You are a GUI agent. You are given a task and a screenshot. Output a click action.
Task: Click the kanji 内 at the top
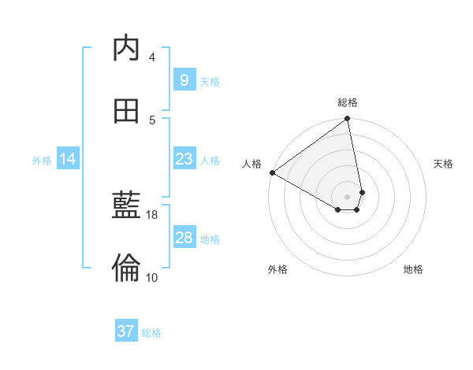[127, 49]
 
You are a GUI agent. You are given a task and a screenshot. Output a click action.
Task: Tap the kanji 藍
[127, 206]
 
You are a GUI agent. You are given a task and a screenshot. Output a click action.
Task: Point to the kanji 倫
[127, 268]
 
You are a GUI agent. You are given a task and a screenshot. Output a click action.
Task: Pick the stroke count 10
[152, 277]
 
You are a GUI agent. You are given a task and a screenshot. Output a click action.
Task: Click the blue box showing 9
[184, 80]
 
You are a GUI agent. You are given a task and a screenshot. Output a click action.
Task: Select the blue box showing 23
[184, 159]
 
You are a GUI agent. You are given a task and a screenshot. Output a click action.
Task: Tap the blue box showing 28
[184, 238]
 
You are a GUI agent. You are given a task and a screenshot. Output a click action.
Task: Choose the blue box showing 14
[68, 159]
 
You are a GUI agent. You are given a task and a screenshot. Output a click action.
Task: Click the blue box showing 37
[126, 331]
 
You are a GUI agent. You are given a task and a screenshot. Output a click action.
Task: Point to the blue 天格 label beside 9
[210, 81]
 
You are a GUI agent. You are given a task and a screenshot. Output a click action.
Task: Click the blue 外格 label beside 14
[42, 160]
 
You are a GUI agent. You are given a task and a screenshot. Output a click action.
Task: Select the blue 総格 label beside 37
[151, 333]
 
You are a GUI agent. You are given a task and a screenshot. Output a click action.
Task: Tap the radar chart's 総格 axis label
[348, 102]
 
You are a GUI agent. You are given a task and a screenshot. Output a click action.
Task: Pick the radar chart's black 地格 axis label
[413, 269]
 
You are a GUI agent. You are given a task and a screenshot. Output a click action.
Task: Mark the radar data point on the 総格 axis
[348, 120]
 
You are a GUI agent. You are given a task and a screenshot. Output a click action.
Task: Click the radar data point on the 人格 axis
[272, 172]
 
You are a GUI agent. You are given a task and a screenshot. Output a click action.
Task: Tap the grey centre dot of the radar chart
[348, 197]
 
